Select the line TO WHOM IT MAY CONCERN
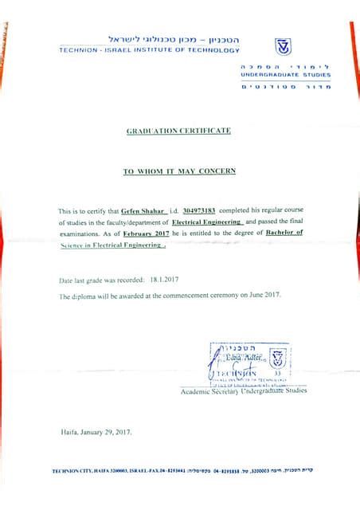coord(178,171)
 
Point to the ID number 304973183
coord(193,210)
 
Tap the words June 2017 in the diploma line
coord(264,295)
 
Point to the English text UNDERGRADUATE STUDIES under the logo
coord(285,74)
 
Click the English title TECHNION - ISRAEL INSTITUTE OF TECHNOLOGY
coord(149,50)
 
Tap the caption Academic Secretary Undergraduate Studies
coord(243,391)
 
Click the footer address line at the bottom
coord(182,471)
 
